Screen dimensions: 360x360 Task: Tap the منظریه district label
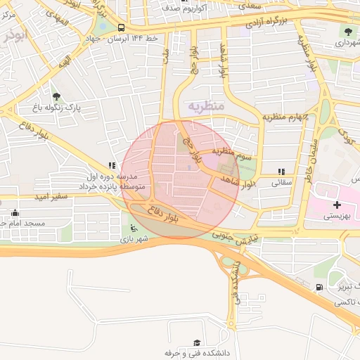tap(205, 105)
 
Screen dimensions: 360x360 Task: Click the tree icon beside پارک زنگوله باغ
tap(56, 96)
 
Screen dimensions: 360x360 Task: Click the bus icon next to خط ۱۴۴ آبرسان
tap(122, 28)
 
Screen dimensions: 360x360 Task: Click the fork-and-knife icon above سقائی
tap(281, 171)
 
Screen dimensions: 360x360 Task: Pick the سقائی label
tap(281, 181)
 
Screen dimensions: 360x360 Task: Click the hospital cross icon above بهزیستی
tap(337, 205)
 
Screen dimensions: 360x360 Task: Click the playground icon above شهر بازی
tap(134, 228)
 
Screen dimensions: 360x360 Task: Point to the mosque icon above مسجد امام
tap(15, 212)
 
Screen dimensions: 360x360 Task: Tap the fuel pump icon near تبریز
tap(321, 286)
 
